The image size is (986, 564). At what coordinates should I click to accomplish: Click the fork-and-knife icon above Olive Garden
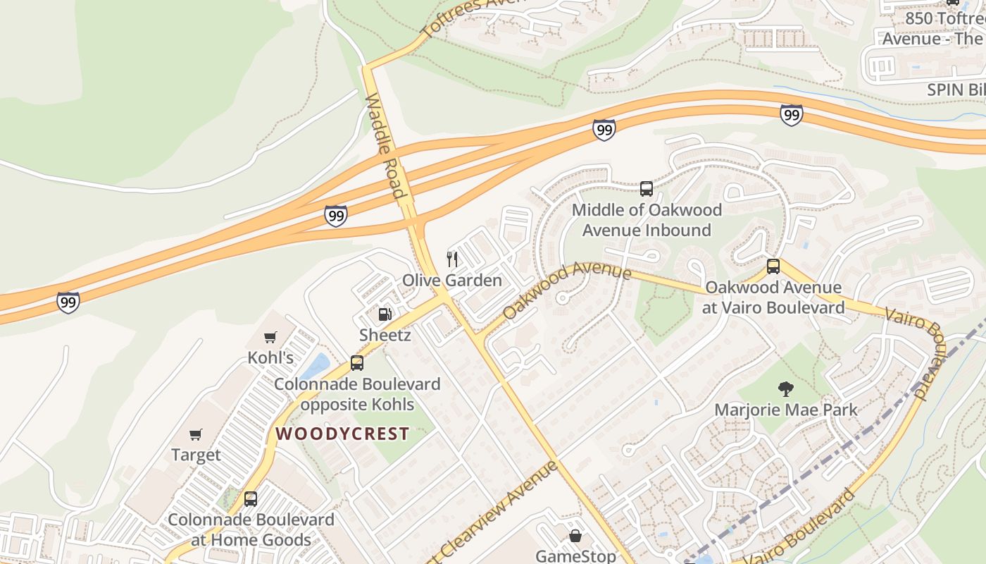(x=452, y=259)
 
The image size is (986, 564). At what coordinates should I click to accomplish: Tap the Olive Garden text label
(x=452, y=281)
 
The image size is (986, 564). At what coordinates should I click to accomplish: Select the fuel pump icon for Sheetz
(x=385, y=314)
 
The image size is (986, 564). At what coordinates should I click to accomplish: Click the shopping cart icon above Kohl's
(x=270, y=338)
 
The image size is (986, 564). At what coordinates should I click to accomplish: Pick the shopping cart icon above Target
(x=196, y=435)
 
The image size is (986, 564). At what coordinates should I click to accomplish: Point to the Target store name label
(x=196, y=455)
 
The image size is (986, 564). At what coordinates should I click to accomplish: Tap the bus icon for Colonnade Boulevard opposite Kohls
(x=357, y=363)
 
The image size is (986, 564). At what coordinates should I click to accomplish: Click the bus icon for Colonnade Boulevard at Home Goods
(x=250, y=499)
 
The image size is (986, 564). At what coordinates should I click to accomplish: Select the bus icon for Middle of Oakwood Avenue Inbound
(x=647, y=189)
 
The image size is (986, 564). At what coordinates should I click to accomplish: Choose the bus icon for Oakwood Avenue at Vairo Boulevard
(x=773, y=266)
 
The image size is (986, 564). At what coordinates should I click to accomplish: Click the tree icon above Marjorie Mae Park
(x=785, y=388)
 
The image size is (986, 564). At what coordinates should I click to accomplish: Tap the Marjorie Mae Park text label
(x=786, y=410)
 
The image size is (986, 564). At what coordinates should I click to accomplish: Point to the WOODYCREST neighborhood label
(x=342, y=434)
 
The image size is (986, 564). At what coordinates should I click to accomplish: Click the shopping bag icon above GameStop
(x=575, y=537)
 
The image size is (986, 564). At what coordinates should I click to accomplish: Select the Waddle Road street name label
(x=386, y=146)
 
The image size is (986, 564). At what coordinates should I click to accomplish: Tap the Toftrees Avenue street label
(x=473, y=14)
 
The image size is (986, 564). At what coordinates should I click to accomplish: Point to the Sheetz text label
(x=385, y=335)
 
